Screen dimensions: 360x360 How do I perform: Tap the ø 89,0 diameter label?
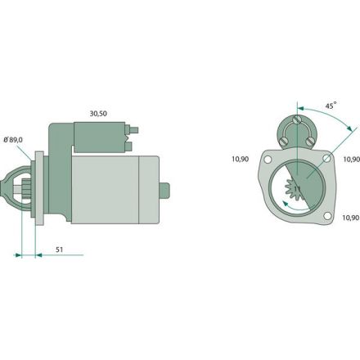(13, 140)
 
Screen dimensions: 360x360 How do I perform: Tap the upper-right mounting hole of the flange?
(327, 158)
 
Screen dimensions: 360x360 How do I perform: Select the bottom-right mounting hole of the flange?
(326, 216)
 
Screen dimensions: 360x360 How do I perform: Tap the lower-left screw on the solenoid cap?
(284, 141)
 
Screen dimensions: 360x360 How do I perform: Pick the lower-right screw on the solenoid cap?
(311, 141)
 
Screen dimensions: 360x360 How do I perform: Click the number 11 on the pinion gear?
(298, 188)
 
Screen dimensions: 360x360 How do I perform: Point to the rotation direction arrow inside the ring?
(290, 207)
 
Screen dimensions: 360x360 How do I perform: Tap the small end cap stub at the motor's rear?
(167, 188)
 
